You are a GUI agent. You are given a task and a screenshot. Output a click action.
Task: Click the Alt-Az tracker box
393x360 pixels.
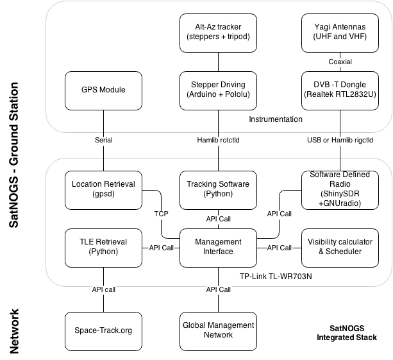(x=218, y=31)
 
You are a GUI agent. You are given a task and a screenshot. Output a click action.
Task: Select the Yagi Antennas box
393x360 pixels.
(x=340, y=31)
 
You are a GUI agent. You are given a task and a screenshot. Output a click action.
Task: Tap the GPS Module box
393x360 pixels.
(x=103, y=90)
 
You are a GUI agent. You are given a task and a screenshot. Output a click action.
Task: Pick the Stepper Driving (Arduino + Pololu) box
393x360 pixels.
(x=218, y=90)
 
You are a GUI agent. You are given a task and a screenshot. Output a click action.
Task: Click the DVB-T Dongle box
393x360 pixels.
(x=340, y=90)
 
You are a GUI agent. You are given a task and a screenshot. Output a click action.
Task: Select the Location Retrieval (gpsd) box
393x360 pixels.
(x=103, y=189)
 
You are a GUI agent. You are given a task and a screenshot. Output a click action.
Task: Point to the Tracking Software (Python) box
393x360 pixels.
(x=218, y=189)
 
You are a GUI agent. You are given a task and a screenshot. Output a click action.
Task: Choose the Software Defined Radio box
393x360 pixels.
(x=340, y=189)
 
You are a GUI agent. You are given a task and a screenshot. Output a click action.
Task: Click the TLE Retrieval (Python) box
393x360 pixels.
(x=103, y=247)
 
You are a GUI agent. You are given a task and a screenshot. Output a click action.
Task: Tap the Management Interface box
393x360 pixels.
(x=218, y=247)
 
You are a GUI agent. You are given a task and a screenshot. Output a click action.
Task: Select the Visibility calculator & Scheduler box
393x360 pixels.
(x=340, y=247)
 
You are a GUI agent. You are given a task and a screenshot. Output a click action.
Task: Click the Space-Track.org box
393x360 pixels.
(x=103, y=330)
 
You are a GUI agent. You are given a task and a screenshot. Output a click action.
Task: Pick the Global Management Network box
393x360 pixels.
(x=218, y=330)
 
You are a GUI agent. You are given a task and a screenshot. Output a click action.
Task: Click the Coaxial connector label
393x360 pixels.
(x=340, y=62)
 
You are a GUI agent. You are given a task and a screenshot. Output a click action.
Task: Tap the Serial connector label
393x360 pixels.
(x=103, y=140)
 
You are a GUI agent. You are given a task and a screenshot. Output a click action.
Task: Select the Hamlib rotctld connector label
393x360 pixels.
(x=218, y=140)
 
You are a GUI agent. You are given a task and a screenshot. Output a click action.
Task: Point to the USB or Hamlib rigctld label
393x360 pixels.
(x=340, y=140)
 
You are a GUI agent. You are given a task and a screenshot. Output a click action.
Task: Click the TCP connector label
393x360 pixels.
(x=161, y=213)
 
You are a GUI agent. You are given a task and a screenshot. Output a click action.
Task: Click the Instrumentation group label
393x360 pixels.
(x=276, y=119)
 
